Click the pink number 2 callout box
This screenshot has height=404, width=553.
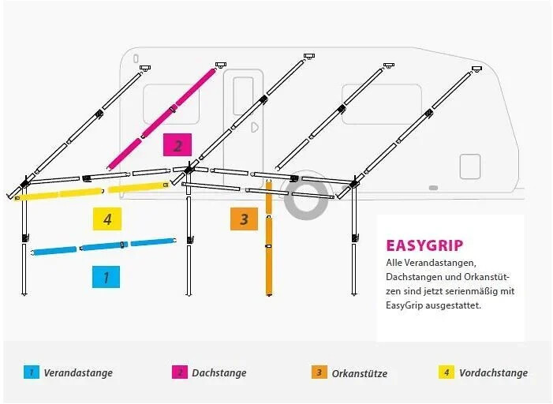[x=177, y=144]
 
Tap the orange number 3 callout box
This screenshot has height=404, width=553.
[x=244, y=219]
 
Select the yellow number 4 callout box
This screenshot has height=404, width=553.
[x=107, y=219]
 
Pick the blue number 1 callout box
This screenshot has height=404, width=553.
[x=106, y=277]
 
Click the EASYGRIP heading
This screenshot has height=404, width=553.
[x=424, y=245]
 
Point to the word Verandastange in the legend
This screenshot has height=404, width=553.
[x=78, y=372]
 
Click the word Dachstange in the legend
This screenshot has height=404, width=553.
[x=219, y=372]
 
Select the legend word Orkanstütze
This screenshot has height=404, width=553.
[x=360, y=373]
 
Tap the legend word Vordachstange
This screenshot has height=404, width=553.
[x=493, y=372]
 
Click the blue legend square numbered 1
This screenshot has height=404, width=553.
[x=32, y=372]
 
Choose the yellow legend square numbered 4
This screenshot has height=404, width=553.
[x=447, y=372]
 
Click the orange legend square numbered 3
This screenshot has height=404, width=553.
[x=319, y=372]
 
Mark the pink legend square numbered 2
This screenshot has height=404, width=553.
[x=180, y=372]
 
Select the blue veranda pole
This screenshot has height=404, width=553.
[x=104, y=246]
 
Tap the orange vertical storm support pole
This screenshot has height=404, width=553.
[x=269, y=238]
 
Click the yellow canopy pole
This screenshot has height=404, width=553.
[x=92, y=192]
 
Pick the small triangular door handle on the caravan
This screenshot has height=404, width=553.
[x=255, y=127]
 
